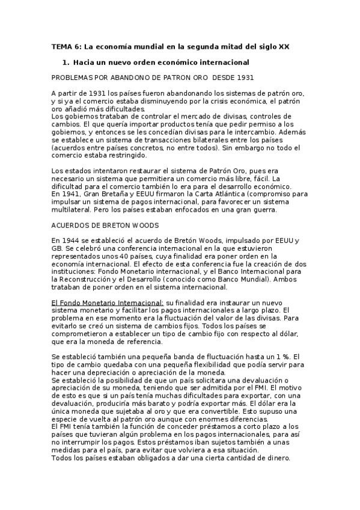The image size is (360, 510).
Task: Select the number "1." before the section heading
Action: click(x=66, y=63)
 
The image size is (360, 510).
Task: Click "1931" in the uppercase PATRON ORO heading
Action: click(x=243, y=78)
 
